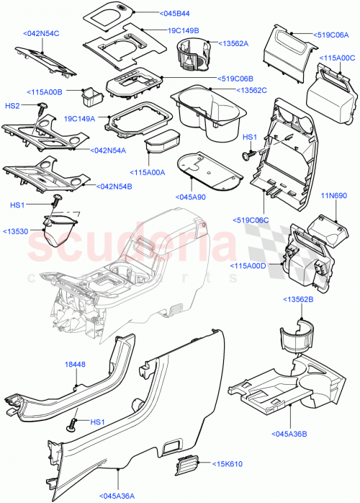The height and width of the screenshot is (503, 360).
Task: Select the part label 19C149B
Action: (x=184, y=31)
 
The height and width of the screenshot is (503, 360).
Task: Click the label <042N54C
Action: (x=42, y=34)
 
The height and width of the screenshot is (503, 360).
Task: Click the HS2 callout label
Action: (x=13, y=106)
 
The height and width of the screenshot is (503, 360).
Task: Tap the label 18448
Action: (x=76, y=365)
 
